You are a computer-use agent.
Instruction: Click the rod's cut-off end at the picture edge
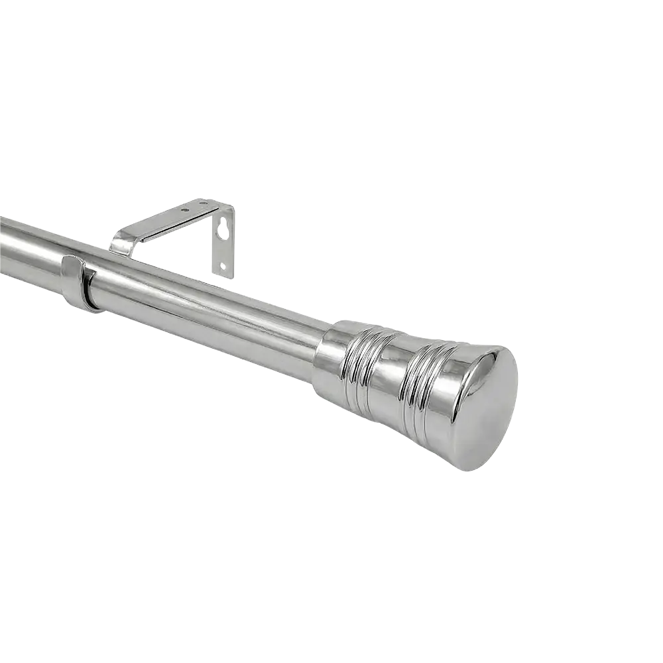3,245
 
